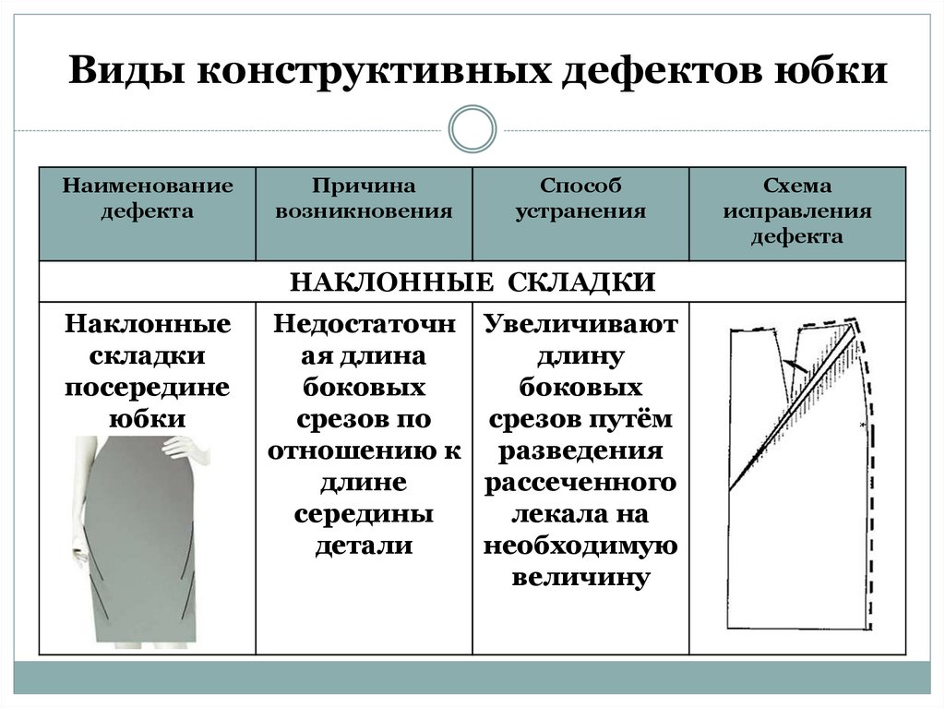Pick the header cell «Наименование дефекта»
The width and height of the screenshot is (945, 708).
point(148,198)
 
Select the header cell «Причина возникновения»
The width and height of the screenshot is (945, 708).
point(365,198)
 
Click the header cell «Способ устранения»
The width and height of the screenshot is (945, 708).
point(580,198)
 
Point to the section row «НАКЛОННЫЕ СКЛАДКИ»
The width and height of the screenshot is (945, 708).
point(472,282)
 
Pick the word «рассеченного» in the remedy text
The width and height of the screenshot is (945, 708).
point(580,483)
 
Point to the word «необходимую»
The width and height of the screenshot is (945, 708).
point(580,546)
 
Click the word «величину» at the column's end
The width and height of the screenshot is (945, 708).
point(580,577)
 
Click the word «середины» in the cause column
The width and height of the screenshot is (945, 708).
point(365,514)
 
